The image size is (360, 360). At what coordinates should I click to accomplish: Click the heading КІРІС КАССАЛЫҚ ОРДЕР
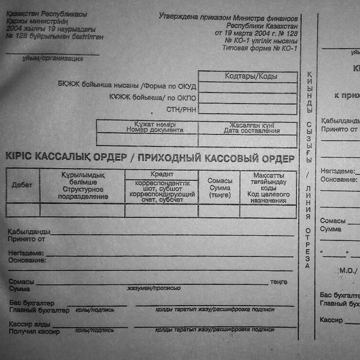point(65,158)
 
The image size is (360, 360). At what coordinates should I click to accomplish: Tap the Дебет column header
point(22,185)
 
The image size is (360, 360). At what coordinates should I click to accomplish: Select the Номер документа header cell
point(151,130)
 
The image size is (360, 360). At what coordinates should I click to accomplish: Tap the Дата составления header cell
point(251,130)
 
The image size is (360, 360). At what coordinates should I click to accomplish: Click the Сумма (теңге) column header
point(219,187)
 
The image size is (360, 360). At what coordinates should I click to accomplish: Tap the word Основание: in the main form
point(25,260)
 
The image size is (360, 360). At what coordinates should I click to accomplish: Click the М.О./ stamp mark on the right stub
point(348,271)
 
